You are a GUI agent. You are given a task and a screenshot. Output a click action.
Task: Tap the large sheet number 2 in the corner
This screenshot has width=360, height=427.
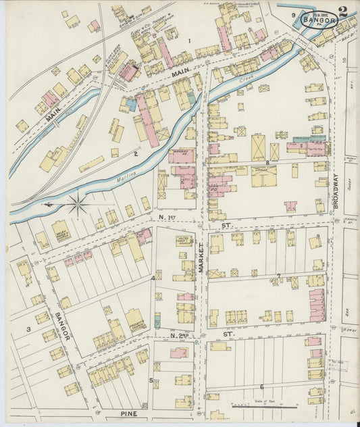[x=344, y=12]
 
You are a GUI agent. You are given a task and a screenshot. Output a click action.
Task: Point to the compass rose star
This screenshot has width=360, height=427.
[x=78, y=203]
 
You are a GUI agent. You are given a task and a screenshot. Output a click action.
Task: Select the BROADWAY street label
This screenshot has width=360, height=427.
[x=335, y=194]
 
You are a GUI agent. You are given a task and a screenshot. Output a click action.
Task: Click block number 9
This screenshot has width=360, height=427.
[x=293, y=15]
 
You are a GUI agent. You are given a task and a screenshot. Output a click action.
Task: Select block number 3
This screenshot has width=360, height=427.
[x=28, y=329]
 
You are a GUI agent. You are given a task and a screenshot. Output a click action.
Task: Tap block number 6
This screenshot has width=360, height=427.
[x=261, y=386]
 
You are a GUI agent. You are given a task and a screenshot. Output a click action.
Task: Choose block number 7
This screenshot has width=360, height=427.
[x=278, y=275]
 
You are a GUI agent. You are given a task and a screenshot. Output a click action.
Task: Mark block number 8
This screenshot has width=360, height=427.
[x=267, y=163]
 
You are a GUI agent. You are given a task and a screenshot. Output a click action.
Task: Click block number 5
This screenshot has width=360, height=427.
[x=151, y=380]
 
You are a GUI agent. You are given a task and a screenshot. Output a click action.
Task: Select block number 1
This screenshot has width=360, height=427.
[x=190, y=41]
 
